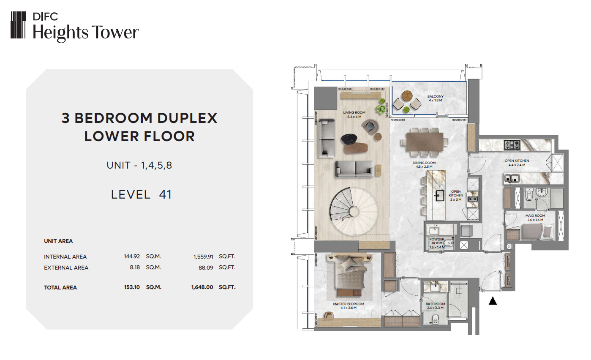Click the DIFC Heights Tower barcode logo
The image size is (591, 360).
(18, 25)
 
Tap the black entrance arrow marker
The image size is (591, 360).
(493, 300)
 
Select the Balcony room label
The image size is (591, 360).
(436, 98)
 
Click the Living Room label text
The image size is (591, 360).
(354, 115)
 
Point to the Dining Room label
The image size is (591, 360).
(424, 165)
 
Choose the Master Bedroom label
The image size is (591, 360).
(348, 305)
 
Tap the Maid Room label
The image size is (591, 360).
(535, 218)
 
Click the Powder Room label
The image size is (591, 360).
(437, 243)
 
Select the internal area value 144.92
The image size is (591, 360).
(132, 256)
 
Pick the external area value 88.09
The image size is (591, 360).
(206, 267)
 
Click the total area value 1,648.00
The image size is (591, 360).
(202, 287)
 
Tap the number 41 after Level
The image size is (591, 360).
(166, 195)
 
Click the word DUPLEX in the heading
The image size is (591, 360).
(187, 118)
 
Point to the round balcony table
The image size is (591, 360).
(407, 96)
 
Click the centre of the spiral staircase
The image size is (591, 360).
(354, 211)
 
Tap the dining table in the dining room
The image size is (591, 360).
(424, 142)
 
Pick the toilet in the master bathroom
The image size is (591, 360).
(436, 319)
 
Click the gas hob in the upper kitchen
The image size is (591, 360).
(512, 145)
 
